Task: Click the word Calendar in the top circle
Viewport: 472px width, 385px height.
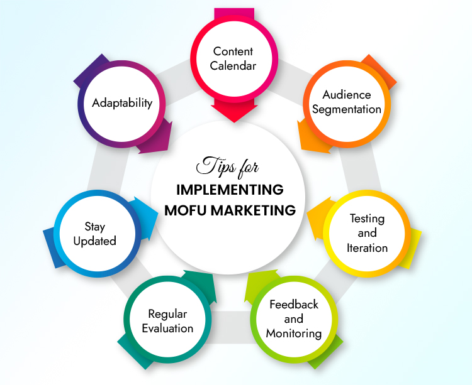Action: [234, 65]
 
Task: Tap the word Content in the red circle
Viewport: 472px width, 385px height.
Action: [234, 52]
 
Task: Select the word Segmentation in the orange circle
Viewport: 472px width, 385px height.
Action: [347, 109]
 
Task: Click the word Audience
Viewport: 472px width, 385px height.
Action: [347, 95]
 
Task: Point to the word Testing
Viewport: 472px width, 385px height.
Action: [367, 219]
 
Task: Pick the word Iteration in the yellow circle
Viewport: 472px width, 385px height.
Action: [367, 247]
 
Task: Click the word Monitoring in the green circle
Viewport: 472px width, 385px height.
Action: [294, 333]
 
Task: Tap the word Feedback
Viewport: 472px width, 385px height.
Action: [294, 305]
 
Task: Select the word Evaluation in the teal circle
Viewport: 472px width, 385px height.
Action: [167, 328]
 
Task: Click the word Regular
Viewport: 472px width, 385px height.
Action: [167, 314]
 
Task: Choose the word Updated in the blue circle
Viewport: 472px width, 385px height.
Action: [95, 241]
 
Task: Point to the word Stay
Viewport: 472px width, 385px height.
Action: [95, 227]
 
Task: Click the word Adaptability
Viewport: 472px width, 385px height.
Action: [122, 102]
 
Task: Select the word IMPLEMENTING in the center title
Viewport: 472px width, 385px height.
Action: [230, 190]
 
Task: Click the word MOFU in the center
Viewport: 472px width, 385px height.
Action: [186, 210]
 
